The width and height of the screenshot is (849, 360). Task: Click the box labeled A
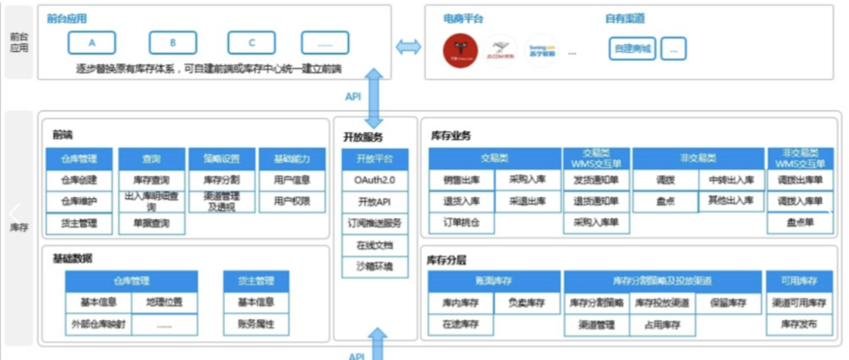pyautogui.click(x=92, y=42)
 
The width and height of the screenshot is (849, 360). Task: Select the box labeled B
pyautogui.click(x=172, y=42)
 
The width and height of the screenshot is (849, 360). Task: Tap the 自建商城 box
pyautogui.click(x=632, y=49)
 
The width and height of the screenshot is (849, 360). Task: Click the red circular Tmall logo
pyautogui.click(x=458, y=50)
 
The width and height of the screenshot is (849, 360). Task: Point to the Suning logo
pyautogui.click(x=542, y=50)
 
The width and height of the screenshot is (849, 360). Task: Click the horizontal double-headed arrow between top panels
pyautogui.click(x=408, y=47)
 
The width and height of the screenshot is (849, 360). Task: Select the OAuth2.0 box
pyautogui.click(x=374, y=180)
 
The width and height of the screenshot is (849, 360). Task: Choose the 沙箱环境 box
pyautogui.click(x=374, y=266)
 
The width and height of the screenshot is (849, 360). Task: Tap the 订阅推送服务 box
pyautogui.click(x=374, y=223)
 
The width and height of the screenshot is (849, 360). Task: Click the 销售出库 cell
pyautogui.click(x=461, y=180)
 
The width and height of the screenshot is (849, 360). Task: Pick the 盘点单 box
pyautogui.click(x=800, y=223)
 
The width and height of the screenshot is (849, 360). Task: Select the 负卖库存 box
pyautogui.click(x=527, y=303)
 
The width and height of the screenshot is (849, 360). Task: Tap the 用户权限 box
pyautogui.click(x=292, y=201)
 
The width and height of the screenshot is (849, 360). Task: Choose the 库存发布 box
pyautogui.click(x=799, y=324)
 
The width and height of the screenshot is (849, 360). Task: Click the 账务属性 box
pyautogui.click(x=255, y=324)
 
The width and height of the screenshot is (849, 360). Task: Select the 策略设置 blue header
pyautogui.click(x=222, y=159)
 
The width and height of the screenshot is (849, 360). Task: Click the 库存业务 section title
pyautogui.click(x=450, y=136)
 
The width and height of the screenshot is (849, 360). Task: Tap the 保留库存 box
pyautogui.click(x=728, y=303)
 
